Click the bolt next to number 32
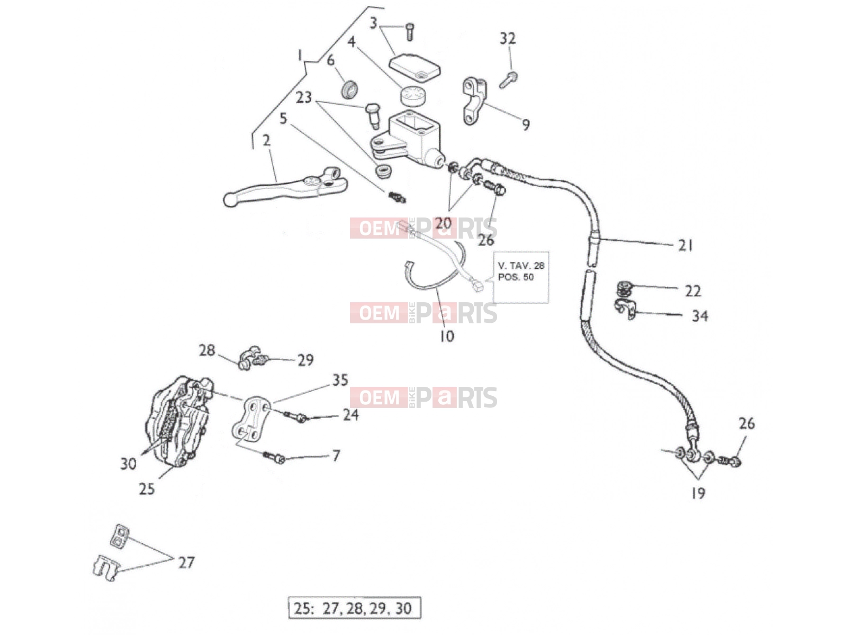(x=509, y=80)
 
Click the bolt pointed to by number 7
(x=274, y=457)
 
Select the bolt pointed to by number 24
(x=296, y=416)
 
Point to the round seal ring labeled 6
(x=349, y=88)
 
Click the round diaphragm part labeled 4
(x=412, y=96)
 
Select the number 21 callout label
(x=686, y=246)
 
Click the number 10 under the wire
(x=447, y=336)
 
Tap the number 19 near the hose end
(x=698, y=493)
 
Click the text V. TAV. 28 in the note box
(x=521, y=266)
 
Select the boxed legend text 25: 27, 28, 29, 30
(x=354, y=608)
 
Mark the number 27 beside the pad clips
(x=186, y=563)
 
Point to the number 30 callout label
(x=129, y=464)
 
